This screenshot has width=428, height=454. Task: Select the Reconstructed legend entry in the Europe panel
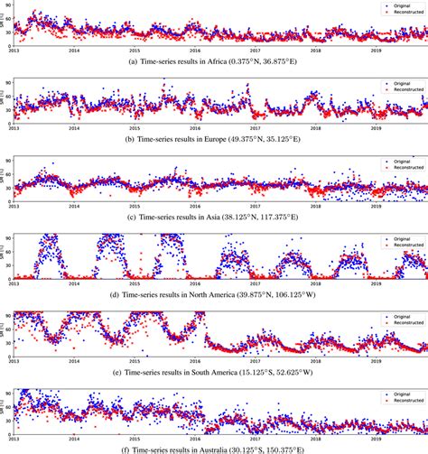pyautogui.click(x=405, y=88)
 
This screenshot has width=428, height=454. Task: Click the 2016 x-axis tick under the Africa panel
pyautogui.click(x=194, y=51)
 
